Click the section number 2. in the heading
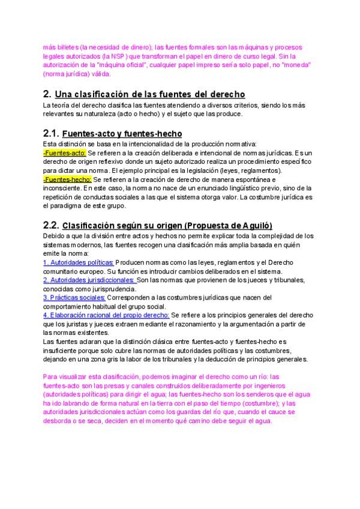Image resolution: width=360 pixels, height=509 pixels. [47, 94]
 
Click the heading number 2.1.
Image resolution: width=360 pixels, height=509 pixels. [50, 133]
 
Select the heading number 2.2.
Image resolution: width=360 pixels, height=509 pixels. [51, 225]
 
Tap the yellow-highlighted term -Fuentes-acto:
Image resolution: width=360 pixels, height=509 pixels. [65, 153]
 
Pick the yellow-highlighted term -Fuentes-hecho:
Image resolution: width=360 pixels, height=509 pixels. [67, 179]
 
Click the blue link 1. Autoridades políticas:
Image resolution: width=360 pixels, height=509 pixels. [79, 262]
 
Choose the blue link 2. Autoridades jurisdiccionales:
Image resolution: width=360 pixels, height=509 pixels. [89, 280]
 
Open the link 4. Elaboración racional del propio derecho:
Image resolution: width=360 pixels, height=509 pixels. [106, 315]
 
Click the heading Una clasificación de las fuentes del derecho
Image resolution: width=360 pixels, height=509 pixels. [149, 95]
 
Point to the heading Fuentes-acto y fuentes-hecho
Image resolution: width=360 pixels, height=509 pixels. [122, 134]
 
